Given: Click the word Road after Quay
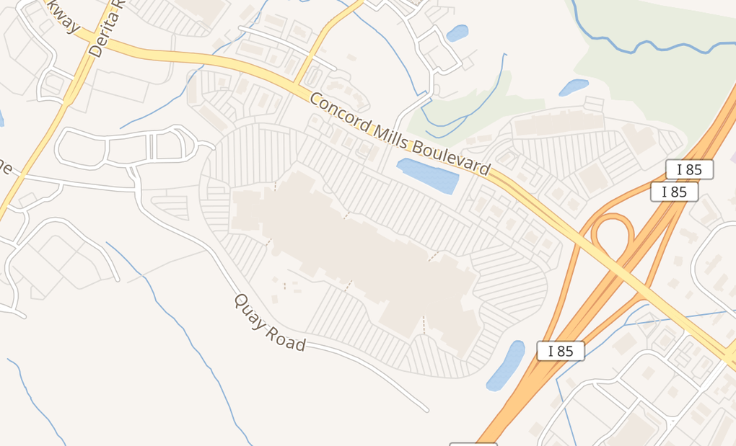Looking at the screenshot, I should tap(287, 339).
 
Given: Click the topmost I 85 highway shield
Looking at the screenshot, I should tap(689, 169).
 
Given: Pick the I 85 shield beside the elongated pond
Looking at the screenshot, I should tap(561, 351).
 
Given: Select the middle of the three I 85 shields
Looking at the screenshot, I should tap(674, 192).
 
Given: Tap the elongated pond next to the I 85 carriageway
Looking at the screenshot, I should tap(506, 365).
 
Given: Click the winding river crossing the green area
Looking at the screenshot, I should tap(635, 47).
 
